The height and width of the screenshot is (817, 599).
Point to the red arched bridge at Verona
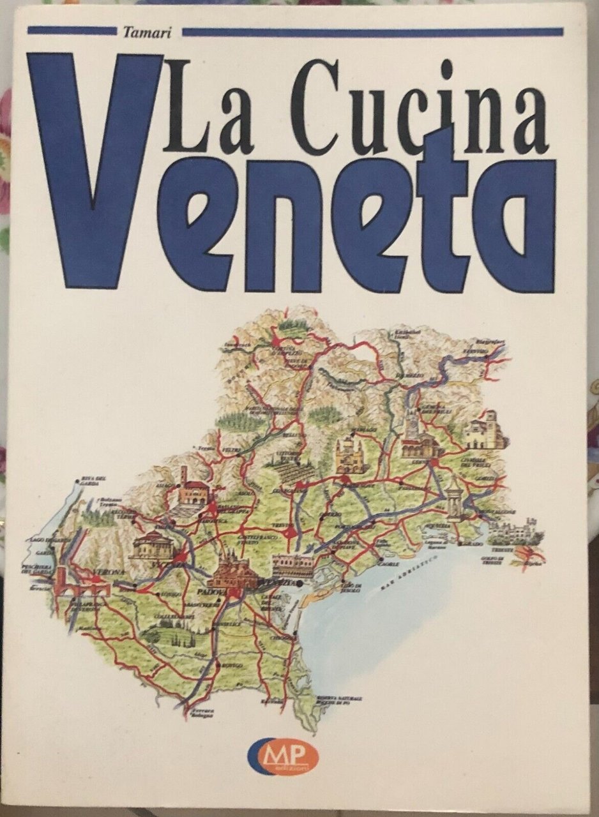coord(80,584)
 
